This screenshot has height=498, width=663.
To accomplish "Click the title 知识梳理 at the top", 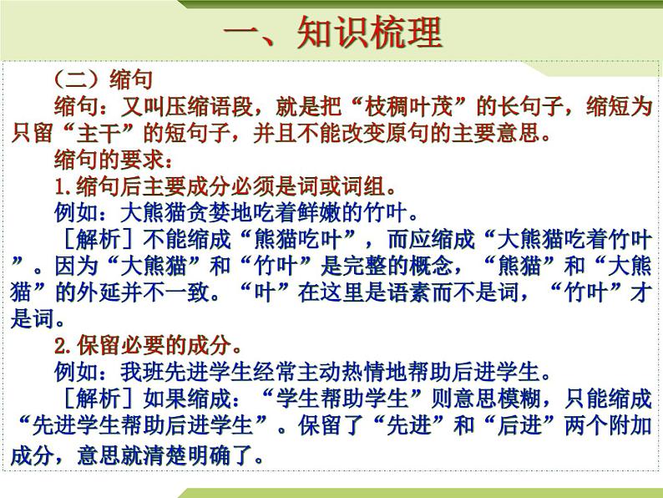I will (x=332, y=34).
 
